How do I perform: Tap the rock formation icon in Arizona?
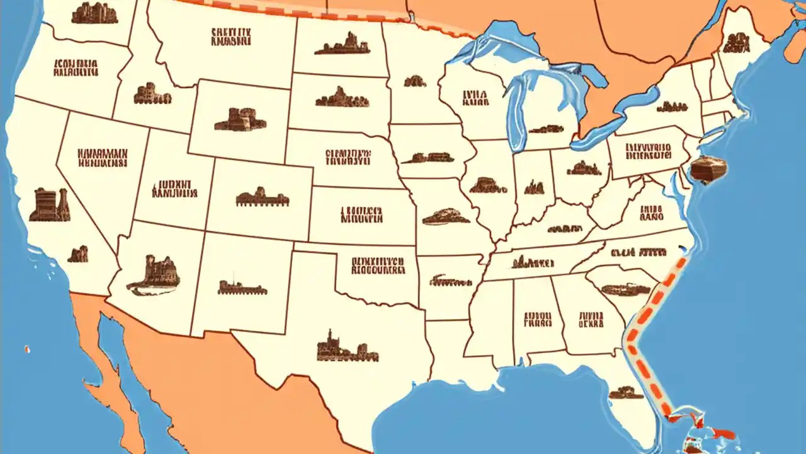(x=154, y=275)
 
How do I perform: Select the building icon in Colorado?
(x=262, y=198)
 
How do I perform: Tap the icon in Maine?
(x=735, y=43)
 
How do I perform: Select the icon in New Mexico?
(x=242, y=288)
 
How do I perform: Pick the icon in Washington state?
(x=94, y=13)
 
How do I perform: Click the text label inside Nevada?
(x=102, y=158)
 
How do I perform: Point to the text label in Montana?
(x=231, y=36)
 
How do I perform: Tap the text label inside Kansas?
(x=361, y=214)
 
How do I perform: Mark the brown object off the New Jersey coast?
(x=708, y=169)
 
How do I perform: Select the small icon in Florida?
(x=626, y=392)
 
